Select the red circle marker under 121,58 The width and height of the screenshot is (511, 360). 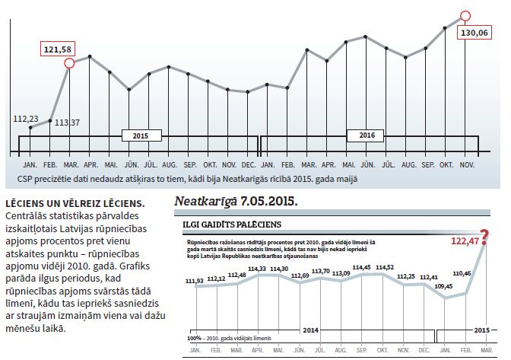70,63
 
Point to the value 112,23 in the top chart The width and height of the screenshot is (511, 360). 27,118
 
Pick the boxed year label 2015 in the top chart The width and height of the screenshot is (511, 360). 139,136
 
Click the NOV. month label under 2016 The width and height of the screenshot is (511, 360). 468,164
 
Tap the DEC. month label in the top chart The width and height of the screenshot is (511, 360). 249,164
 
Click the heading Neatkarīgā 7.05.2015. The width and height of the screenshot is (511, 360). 236,202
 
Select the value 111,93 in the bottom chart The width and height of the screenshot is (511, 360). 195,281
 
